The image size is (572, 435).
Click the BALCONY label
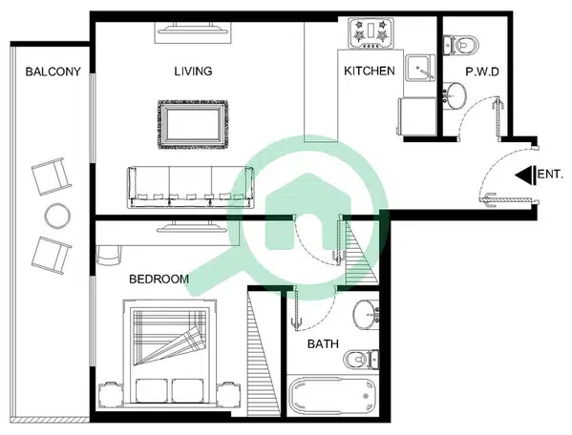pyautogui.click(x=53, y=72)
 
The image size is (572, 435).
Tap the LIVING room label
pyautogui.click(x=193, y=71)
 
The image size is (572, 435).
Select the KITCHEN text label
pyautogui.click(x=370, y=71)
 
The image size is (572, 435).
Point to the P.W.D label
pyautogui.click(x=482, y=72)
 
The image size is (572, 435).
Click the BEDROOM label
pyautogui.click(x=159, y=280)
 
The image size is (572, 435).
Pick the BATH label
pyautogui.click(x=323, y=343)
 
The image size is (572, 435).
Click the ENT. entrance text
pyautogui.click(x=550, y=175)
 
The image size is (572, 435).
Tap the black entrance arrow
pyautogui.click(x=525, y=176)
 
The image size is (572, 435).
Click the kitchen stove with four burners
pyautogui.click(x=371, y=33)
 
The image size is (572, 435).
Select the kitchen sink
pyautogui.click(x=420, y=68)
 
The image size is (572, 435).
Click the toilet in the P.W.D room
pyautogui.click(x=459, y=45)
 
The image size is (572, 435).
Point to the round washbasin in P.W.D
pyautogui.click(x=455, y=95)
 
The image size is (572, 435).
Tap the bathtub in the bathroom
pyautogui.click(x=332, y=395)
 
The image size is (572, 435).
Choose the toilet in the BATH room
pyautogui.click(x=361, y=359)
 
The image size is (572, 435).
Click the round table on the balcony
pyautogui.click(x=57, y=216)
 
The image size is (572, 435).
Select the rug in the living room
pyautogui.click(x=193, y=124)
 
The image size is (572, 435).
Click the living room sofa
pyautogui.click(x=190, y=187)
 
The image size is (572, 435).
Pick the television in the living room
pyautogui.click(x=193, y=29)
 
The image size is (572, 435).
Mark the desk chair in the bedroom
pyautogui.click(x=108, y=255)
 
